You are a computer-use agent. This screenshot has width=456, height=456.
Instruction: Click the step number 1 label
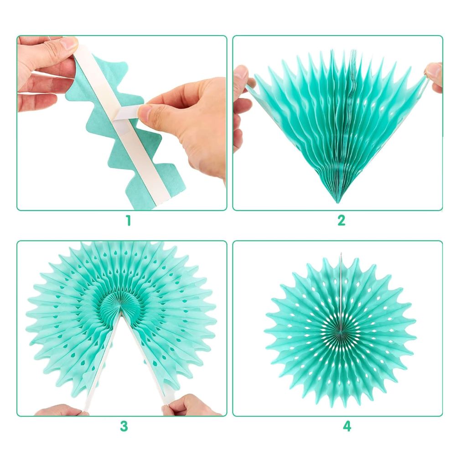click(x=128, y=221)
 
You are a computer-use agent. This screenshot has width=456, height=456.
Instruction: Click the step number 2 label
click(x=342, y=220)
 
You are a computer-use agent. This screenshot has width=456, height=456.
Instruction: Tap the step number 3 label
click(x=124, y=426)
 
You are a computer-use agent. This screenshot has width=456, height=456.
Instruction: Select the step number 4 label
click(x=347, y=426)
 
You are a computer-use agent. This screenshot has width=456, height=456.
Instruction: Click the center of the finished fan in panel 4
click(x=340, y=331)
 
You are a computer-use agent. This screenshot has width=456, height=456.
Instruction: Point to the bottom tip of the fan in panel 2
click(x=337, y=202)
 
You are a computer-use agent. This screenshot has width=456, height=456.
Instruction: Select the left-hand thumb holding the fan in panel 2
click(x=242, y=76)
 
